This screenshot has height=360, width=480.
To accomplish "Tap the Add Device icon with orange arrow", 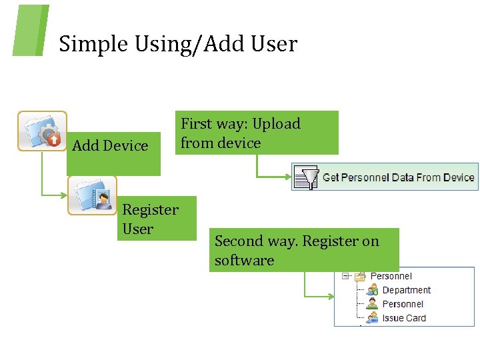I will point(42,131).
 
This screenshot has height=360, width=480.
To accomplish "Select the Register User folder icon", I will point(92,195).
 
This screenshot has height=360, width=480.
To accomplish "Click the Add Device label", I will point(110,145).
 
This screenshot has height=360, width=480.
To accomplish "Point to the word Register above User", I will point(150,210).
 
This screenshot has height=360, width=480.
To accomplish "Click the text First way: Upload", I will point(241,124).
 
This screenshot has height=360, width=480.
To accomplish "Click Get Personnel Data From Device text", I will point(398,177).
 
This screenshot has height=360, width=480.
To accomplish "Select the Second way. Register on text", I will point(297,241).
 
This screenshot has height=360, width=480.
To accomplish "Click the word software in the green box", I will point(244,260).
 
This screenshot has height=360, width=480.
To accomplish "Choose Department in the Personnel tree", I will point(406,290).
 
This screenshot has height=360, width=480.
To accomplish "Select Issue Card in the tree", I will point(404,318).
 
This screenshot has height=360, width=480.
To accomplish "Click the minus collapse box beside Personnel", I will point(345,276).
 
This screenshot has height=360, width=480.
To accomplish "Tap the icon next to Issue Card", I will point(372,318).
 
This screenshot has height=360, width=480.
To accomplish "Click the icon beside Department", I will point(372,290).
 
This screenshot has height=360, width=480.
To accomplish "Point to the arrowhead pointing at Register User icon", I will point(64,195).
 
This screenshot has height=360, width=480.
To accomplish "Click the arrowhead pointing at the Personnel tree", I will point(331,296).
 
